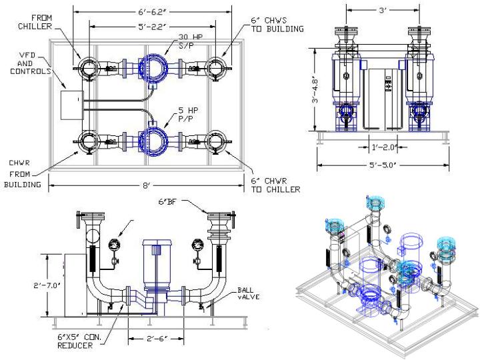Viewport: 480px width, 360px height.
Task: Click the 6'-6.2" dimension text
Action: pyautogui.click(x=152, y=11)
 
